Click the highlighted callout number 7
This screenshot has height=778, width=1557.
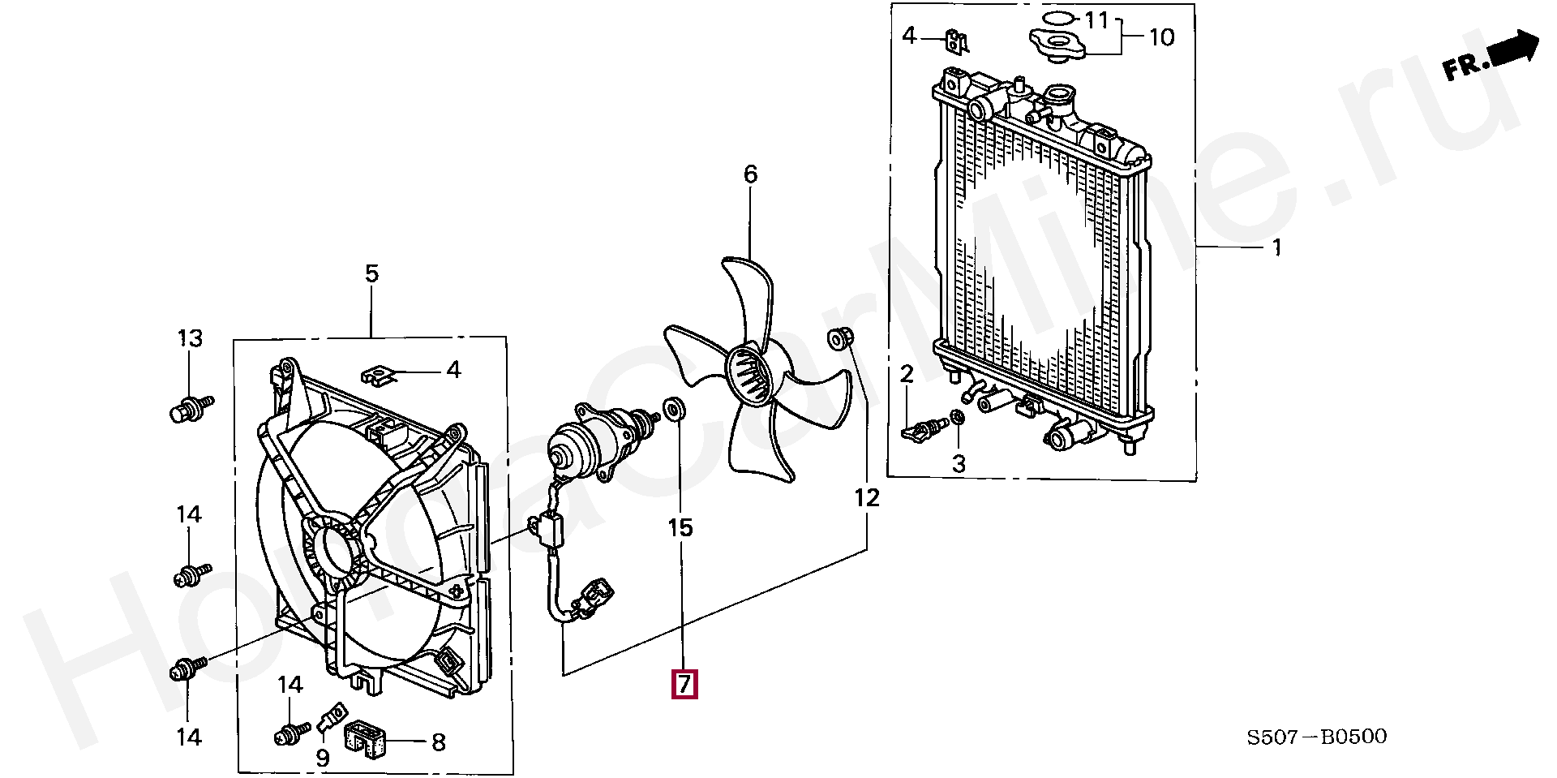(x=684, y=685)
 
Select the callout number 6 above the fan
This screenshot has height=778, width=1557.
(x=750, y=174)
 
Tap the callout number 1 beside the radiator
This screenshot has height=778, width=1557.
(x=1276, y=247)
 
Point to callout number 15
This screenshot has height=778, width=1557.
(x=680, y=529)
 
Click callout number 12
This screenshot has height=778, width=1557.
(x=867, y=497)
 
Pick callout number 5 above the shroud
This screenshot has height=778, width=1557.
(x=371, y=274)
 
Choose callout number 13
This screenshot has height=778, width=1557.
(x=190, y=338)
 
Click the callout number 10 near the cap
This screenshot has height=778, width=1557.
(x=1162, y=37)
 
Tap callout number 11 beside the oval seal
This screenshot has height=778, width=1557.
(x=1096, y=19)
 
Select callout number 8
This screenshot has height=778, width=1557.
(x=438, y=741)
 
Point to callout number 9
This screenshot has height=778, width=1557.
(x=323, y=759)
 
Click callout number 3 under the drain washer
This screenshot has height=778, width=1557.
(x=959, y=465)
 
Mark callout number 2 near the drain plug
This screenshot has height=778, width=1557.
(x=907, y=374)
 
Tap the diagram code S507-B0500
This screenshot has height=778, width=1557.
(x=1317, y=737)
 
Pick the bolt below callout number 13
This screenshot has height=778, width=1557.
(x=188, y=408)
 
